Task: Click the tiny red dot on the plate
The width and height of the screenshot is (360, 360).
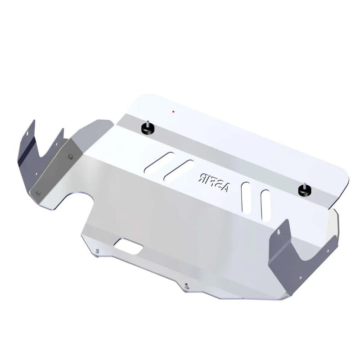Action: pyautogui.click(x=173, y=111)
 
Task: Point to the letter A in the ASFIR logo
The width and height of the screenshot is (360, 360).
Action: pyautogui.click(x=225, y=188)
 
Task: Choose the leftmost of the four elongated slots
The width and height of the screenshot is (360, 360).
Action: pyautogui.click(x=158, y=162)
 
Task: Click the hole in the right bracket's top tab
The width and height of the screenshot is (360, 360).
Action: pyautogui.click(x=279, y=232)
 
